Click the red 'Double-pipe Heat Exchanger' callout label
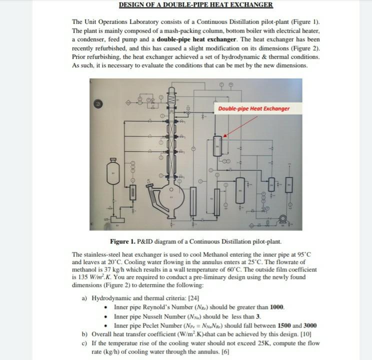pos(253,108)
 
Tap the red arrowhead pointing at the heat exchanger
pos(224,135)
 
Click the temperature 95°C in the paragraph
pos(303,254)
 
